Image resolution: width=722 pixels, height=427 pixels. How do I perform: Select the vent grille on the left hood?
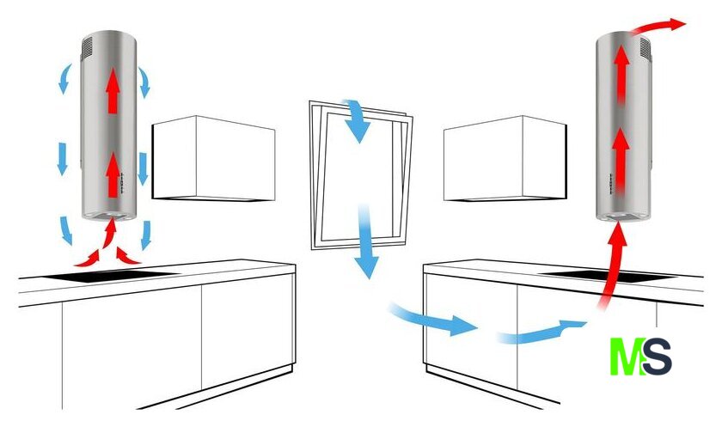click(87, 48)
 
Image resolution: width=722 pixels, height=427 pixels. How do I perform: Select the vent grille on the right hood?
click(646, 49)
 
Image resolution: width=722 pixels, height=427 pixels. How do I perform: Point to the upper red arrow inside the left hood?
click(113, 88)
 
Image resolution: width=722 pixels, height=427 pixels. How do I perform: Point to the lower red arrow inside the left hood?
click(113, 175)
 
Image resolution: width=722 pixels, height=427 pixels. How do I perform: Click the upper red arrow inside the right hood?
click(621, 74)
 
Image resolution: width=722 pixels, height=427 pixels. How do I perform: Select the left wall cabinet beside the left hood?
click(214, 158)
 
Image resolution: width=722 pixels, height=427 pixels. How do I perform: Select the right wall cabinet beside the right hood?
click(505, 158)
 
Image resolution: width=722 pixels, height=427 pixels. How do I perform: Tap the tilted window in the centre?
click(361, 175)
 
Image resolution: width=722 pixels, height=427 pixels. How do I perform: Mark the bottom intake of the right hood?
click(622, 217)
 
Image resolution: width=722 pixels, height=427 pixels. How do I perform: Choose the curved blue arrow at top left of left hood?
click(64, 78)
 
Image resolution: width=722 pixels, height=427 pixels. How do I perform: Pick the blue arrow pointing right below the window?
click(433, 319)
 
